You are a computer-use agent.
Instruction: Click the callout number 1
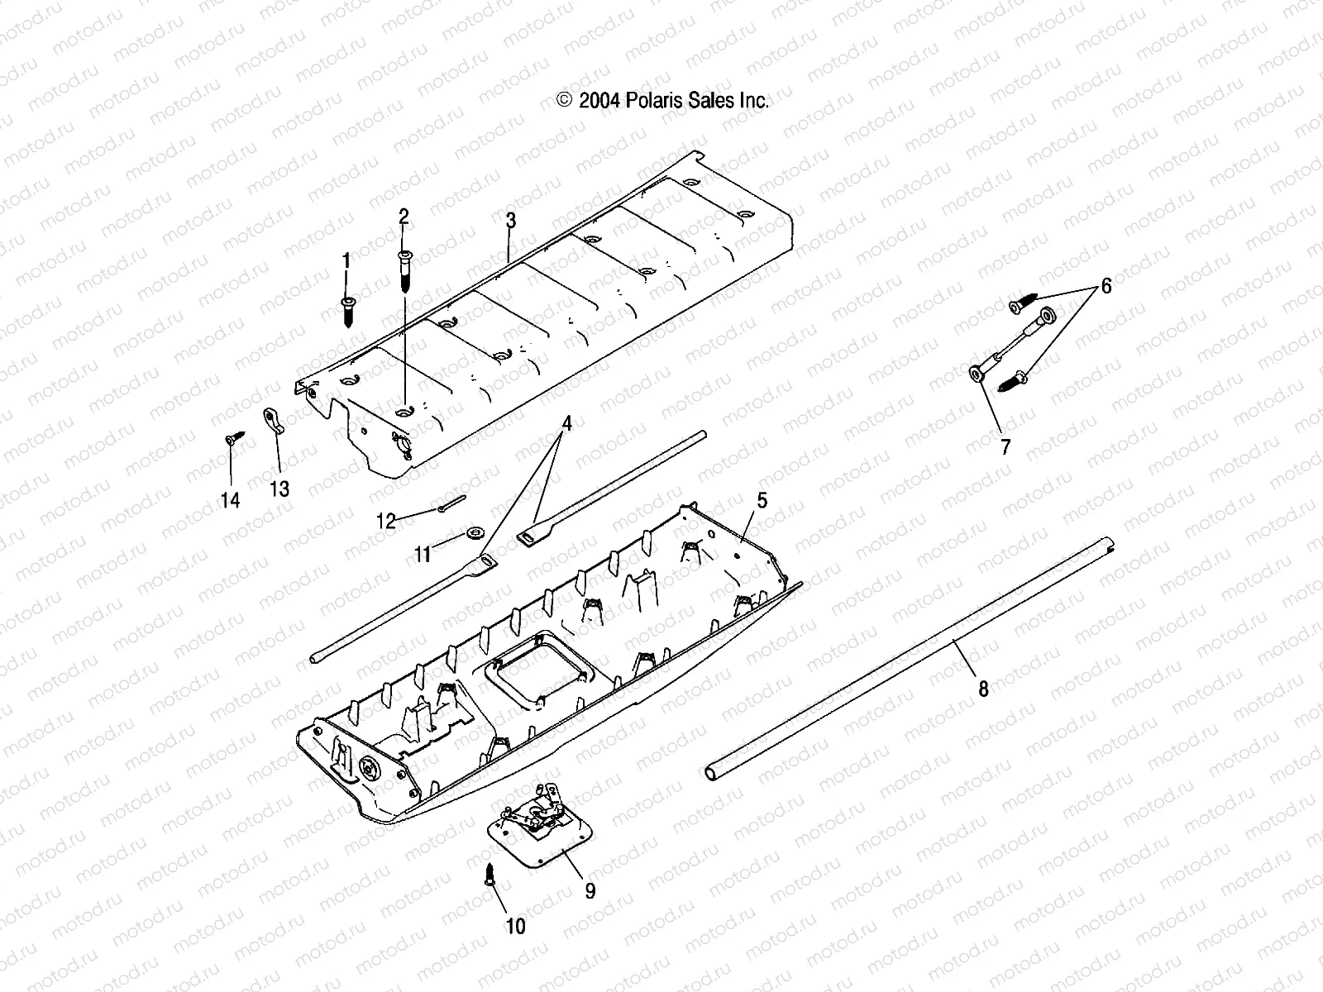pos(346,262)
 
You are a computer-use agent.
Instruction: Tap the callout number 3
pos(511,221)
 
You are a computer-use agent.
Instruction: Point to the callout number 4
pos(566,424)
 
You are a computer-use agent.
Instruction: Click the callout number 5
pos(762,499)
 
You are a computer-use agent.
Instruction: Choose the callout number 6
pos(1106,286)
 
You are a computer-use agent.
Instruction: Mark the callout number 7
pos(1005,447)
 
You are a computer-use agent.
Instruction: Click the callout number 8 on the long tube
pos(983,688)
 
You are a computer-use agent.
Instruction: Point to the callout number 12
pos(386,521)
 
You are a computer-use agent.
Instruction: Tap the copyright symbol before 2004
pos(565,101)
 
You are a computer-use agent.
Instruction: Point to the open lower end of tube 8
pos(713,772)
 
